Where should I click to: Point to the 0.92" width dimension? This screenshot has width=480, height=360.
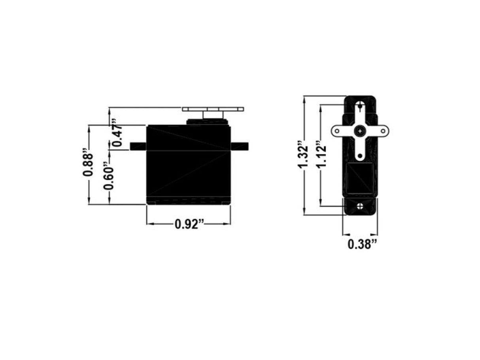tap(189, 224)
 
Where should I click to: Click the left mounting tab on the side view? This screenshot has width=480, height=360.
tap(138, 146)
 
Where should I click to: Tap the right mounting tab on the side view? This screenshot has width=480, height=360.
tap(239, 146)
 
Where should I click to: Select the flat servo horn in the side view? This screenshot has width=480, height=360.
tap(213, 109)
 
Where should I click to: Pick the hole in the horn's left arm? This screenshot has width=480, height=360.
tap(337, 130)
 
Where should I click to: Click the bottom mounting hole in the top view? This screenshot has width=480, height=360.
tap(360, 206)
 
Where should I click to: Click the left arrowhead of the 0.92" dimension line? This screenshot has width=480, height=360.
tap(149, 224)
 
